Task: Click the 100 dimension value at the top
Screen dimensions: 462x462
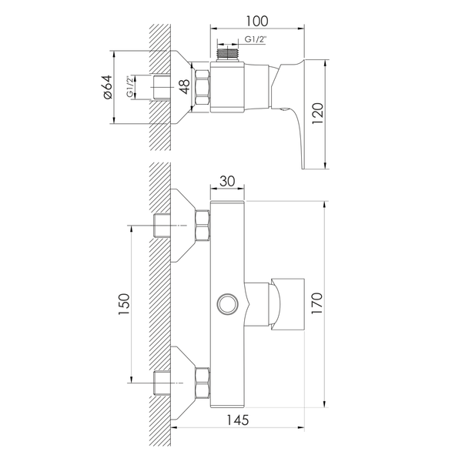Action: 257,22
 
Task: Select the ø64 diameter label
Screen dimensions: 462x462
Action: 107,87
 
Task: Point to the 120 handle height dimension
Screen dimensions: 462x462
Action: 317,113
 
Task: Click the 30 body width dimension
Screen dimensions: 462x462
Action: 227,181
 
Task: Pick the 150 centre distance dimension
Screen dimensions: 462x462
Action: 124,304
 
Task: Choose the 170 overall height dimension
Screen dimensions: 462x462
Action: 317,303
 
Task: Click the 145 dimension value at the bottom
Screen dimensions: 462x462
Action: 237,420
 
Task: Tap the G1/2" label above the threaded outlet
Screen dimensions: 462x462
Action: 256,39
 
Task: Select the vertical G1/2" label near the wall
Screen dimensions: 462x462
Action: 129,87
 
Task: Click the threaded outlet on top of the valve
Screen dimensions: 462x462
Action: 227,55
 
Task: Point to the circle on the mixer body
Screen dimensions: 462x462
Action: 227,304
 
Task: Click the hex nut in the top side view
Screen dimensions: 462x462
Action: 203,87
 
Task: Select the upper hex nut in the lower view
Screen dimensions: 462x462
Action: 203,226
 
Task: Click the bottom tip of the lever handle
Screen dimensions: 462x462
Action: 303,169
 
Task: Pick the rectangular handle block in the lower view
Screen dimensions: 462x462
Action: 287,304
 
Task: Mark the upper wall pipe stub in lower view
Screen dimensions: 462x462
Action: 162,226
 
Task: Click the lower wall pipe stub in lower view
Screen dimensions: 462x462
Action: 162,383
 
